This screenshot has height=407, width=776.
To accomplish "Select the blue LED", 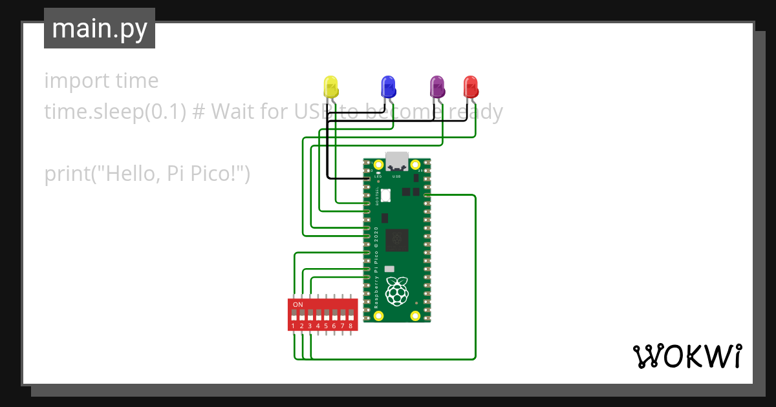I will click(388, 87).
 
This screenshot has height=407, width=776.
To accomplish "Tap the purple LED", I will click(437, 87).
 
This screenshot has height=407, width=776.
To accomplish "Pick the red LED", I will click(470, 87).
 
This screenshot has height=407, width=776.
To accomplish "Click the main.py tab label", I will click(99, 28).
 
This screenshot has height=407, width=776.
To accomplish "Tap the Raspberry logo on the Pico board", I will click(396, 291).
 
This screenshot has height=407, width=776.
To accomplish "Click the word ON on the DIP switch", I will click(298, 304).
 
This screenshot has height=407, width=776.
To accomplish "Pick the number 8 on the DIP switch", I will click(350, 326).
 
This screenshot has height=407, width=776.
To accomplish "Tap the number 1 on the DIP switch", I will click(294, 326).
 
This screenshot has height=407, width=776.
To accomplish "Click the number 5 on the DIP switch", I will click(326, 326).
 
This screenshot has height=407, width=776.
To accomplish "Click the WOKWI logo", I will click(686, 356).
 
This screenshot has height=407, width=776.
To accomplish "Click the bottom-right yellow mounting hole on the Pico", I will click(415, 316).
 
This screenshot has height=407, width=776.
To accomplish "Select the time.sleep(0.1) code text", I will click(115, 112).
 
